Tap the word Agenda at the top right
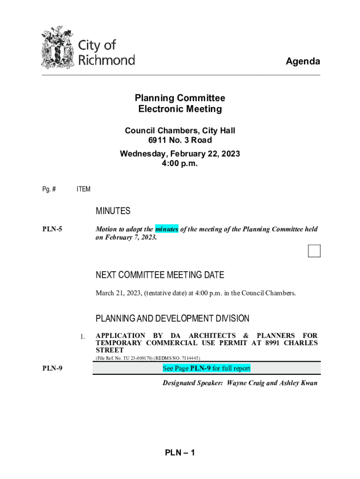click(x=303, y=62)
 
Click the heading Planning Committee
click(x=180, y=98)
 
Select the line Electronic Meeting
click(x=180, y=109)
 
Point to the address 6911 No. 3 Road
click(x=180, y=140)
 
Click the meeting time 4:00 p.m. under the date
click(x=180, y=164)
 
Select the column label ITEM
click(x=83, y=189)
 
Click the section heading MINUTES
click(x=113, y=211)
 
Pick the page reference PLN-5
click(x=52, y=230)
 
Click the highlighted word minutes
click(x=166, y=229)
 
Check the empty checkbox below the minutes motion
click(x=314, y=251)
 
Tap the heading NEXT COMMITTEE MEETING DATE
click(x=160, y=275)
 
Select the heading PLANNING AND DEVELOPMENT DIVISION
click(x=173, y=319)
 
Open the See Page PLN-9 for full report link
click(x=206, y=369)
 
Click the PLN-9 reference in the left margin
click(x=52, y=369)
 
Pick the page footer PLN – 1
click(x=180, y=453)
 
